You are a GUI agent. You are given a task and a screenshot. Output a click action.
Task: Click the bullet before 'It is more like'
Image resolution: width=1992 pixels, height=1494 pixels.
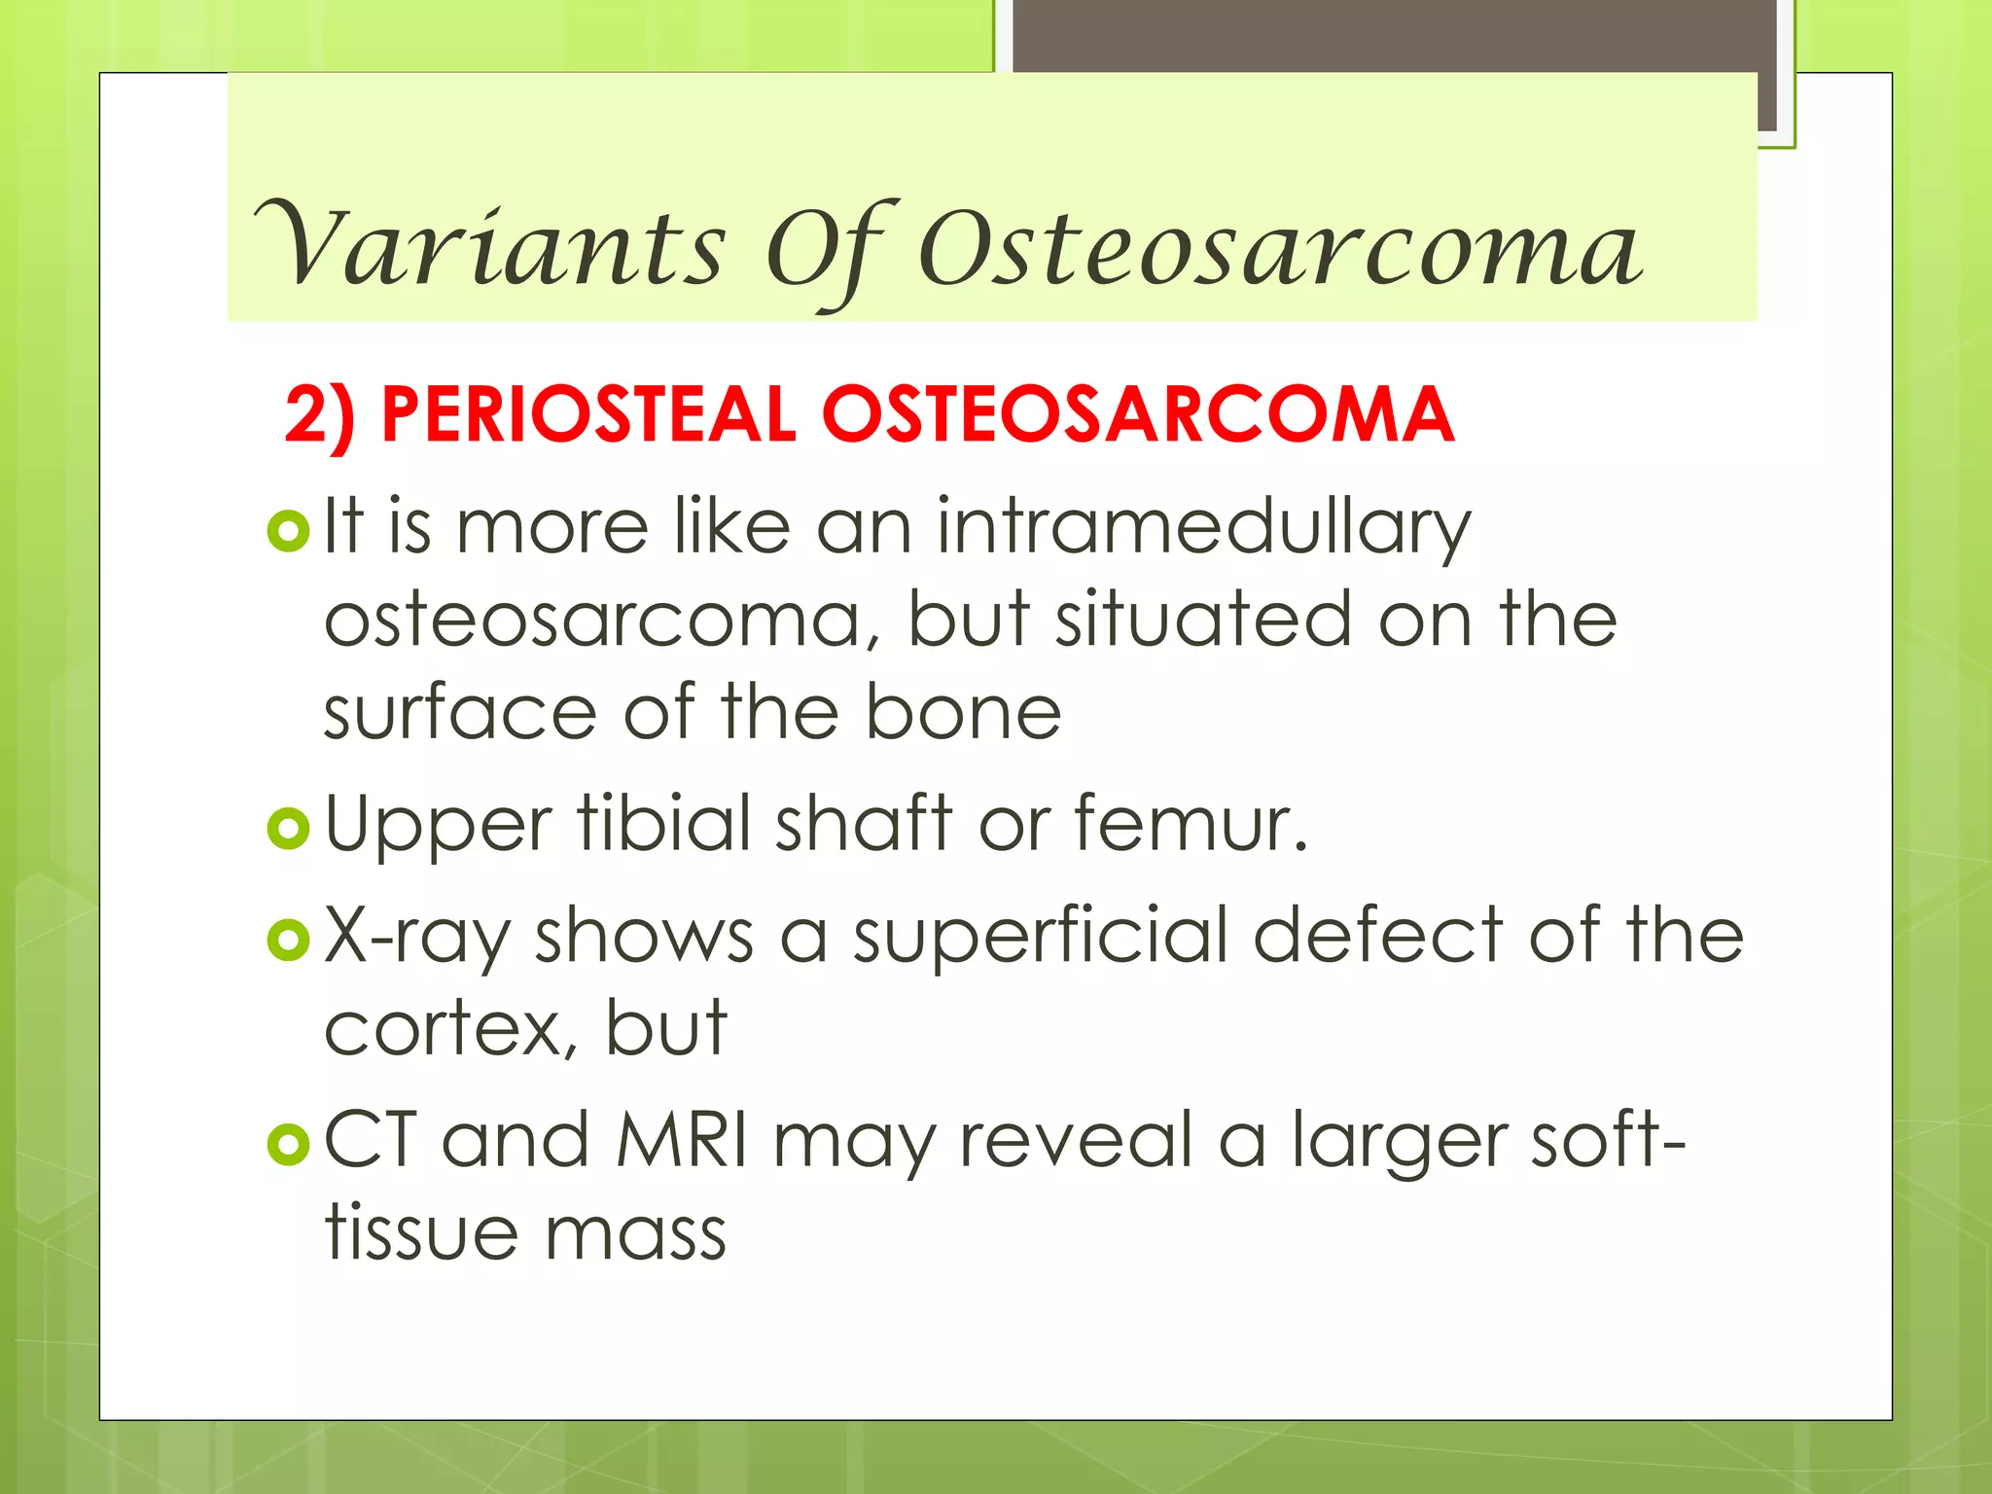point(288,531)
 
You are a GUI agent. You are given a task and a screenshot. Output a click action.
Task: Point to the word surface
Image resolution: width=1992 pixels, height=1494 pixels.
point(460,713)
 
